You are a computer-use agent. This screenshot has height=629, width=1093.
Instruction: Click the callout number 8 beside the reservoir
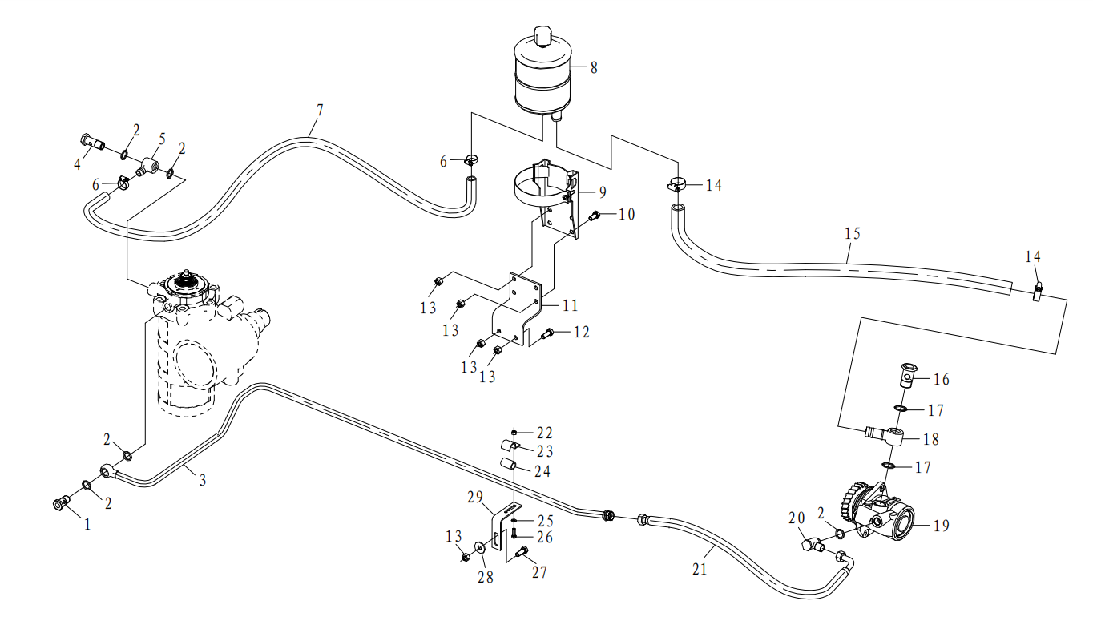pyautogui.click(x=594, y=67)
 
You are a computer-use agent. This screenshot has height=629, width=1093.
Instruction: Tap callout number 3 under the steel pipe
pyautogui.click(x=203, y=481)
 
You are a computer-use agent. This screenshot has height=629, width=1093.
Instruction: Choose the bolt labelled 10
pyautogui.click(x=595, y=215)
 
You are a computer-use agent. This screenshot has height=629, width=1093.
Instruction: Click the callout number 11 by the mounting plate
pyautogui.click(x=570, y=306)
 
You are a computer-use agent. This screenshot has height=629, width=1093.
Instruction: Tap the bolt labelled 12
pyautogui.click(x=548, y=333)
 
